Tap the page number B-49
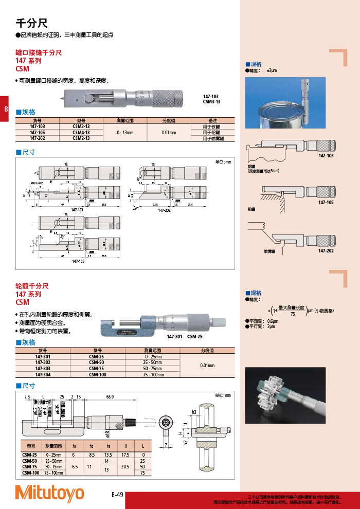[117, 495]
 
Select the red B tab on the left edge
[5, 108]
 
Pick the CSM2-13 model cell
[81, 138]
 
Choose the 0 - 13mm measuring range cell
[125, 132]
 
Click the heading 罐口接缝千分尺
[39, 52]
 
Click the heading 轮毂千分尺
[32, 286]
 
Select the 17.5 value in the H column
[125, 455]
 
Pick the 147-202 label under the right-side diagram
[326, 251]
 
